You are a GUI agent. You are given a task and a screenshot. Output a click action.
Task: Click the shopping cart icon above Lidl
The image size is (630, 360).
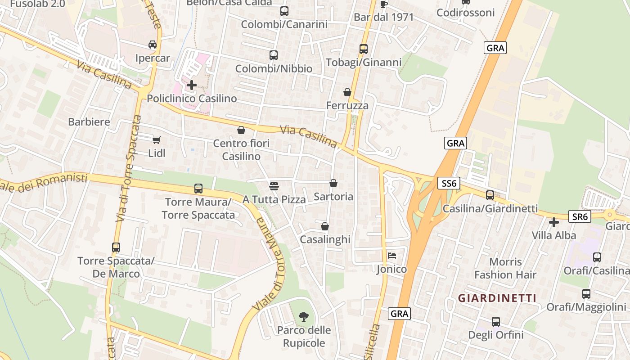156,140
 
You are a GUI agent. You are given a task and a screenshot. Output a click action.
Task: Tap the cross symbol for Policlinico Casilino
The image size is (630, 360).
192,85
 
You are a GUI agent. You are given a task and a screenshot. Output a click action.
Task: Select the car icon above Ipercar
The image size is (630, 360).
153,45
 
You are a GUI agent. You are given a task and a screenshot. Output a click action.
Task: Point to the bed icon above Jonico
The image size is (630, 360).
392,256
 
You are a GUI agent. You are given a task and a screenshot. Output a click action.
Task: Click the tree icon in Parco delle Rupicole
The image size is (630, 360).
304,316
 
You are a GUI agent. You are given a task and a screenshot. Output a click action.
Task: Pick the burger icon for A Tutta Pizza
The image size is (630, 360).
274,185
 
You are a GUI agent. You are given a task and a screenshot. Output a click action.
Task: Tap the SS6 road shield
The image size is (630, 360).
449,183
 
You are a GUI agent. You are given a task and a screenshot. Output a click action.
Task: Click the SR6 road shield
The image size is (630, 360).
579,217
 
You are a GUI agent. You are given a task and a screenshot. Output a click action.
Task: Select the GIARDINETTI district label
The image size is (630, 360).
497,298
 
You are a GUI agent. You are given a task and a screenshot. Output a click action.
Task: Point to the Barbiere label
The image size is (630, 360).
89,121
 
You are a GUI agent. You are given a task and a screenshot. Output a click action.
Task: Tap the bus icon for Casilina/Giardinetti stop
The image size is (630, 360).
490,195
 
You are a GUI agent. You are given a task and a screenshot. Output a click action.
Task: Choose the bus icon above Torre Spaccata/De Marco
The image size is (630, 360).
116,247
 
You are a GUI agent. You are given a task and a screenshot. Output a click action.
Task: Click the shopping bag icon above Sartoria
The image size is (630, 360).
333,183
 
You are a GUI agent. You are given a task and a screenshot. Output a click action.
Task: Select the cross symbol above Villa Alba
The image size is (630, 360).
554,222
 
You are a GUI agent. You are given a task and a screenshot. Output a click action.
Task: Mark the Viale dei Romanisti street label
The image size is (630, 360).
44,183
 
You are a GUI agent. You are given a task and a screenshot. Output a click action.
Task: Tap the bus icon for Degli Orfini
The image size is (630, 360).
496,322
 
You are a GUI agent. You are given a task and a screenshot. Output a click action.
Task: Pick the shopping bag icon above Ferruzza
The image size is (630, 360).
347,92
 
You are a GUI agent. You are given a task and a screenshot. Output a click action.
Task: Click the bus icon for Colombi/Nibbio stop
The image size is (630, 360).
274,55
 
